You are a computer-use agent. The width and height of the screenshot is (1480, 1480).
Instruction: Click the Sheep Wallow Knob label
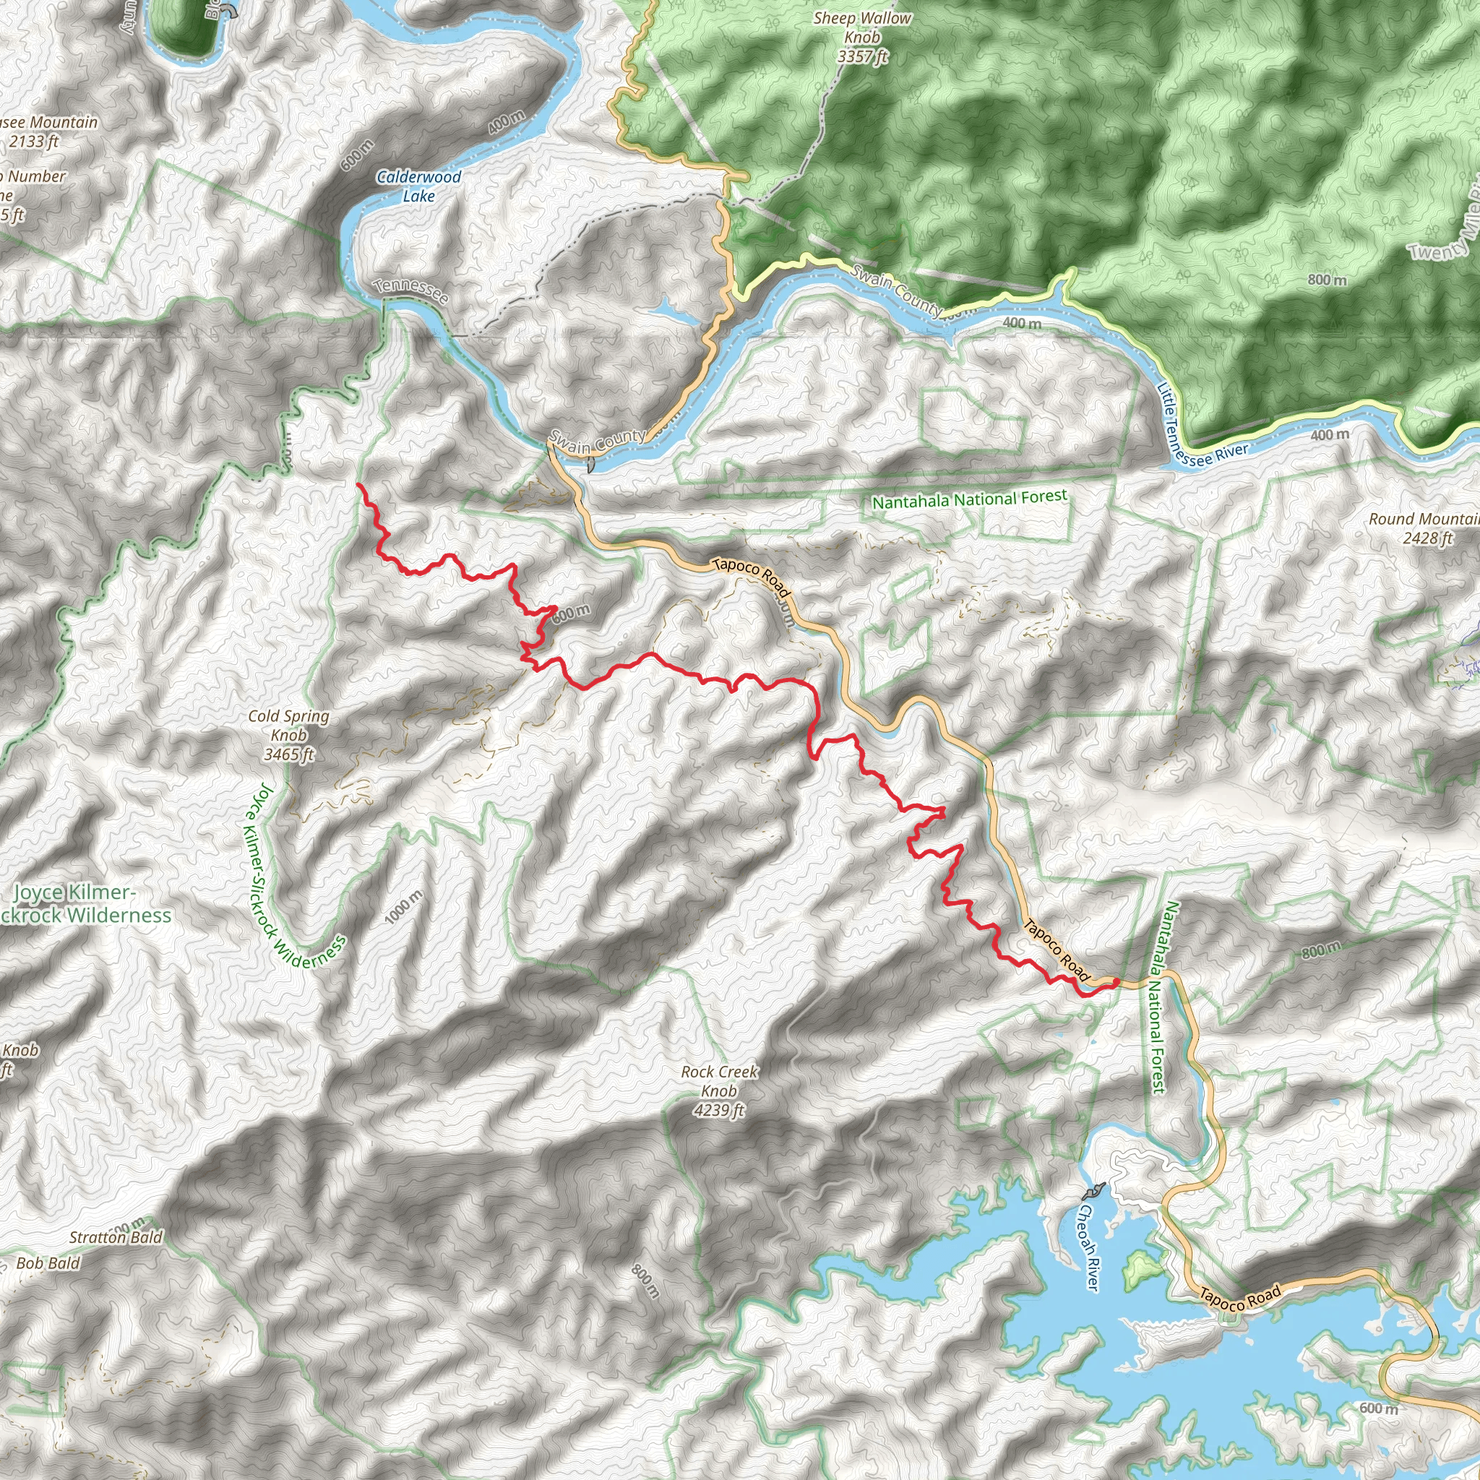863,27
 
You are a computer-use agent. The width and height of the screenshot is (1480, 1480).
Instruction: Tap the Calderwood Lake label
418,186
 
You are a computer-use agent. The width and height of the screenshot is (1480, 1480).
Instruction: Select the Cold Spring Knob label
289,726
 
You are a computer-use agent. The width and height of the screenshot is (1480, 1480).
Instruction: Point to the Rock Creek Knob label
719,1081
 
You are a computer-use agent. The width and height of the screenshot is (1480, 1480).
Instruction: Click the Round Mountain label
1424,520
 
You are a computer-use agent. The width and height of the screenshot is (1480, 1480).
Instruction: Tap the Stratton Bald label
116,1237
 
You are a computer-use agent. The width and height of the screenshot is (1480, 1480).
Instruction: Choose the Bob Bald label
48,1263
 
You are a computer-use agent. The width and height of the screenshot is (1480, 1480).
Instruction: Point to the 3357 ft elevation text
863,56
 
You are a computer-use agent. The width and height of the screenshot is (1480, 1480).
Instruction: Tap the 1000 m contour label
404,907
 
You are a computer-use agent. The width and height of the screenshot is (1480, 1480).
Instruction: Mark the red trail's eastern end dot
1115,981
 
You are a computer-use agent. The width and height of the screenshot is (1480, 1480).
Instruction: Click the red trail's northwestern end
358,485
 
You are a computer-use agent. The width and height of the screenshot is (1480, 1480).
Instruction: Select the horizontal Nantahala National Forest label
969,499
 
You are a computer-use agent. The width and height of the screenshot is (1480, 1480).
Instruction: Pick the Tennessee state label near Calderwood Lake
410,291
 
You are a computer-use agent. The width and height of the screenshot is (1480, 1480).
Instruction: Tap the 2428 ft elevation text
1427,538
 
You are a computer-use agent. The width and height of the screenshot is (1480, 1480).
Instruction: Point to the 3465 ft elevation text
289,754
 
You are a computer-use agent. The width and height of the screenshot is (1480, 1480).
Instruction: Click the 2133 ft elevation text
34,141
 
